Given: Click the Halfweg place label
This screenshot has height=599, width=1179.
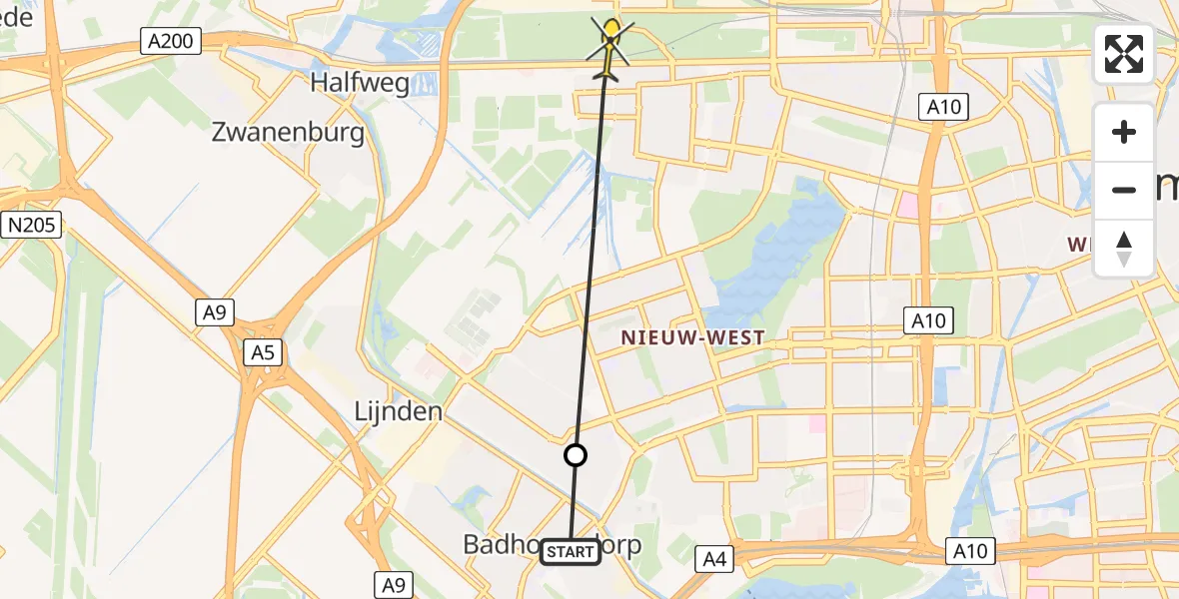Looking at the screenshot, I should pos(360,82).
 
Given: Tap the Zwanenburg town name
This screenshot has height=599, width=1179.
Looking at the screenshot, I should pos(288,133).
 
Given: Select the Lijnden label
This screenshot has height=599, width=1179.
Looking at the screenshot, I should pos(398,411).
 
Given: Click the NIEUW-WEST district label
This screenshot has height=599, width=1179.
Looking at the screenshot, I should pos(692,337).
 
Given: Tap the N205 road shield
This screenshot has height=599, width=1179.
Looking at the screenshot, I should pos(30,225).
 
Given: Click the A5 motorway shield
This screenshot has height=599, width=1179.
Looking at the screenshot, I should pos(263,351).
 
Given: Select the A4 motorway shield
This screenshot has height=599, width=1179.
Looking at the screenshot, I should pos(714,560).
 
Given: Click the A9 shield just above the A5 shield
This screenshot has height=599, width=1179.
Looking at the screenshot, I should pos(214,313).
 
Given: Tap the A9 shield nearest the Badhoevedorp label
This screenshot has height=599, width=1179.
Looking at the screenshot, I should pos(393,584).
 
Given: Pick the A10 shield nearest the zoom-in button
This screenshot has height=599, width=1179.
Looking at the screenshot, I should pos(943,107).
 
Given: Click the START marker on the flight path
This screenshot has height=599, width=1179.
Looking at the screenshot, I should pos(571,552).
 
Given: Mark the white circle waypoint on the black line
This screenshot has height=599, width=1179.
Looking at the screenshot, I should pos(576,455).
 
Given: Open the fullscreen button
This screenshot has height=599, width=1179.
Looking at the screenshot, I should pos(1124,54).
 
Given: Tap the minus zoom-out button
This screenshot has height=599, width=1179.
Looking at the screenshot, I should pos(1124,190).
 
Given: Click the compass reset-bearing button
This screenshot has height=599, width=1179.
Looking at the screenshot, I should pos(1124,248).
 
